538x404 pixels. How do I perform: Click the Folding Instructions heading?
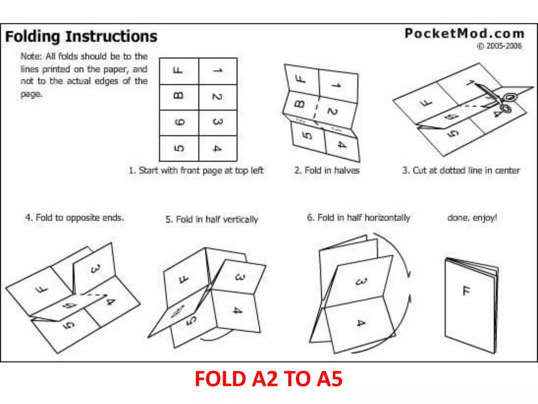(x=81, y=36)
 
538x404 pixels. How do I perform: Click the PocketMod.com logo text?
(x=464, y=34)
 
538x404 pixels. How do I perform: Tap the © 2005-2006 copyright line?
(x=499, y=46)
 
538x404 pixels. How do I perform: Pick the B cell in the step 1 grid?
(x=179, y=96)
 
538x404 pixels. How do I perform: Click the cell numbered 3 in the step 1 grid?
(x=218, y=122)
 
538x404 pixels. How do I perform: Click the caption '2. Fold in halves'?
(x=327, y=170)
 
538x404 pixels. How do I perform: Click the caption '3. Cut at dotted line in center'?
(x=461, y=170)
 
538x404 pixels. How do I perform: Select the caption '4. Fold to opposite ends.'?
(x=74, y=218)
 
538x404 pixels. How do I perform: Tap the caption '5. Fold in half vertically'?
(x=212, y=219)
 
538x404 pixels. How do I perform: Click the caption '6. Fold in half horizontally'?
(x=358, y=218)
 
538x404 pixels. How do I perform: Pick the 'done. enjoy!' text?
(x=472, y=218)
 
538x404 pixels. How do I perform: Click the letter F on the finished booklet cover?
(x=466, y=291)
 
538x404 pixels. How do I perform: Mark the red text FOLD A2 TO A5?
(x=268, y=379)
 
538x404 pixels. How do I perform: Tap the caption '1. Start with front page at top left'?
(x=196, y=170)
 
